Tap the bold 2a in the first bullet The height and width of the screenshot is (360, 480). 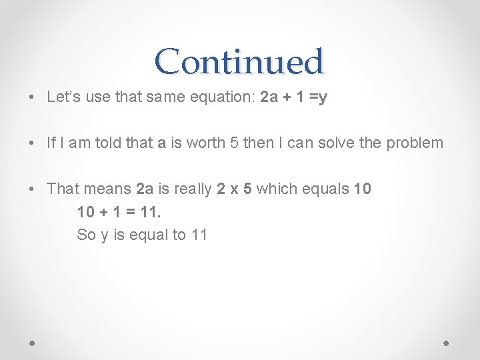tap(269, 97)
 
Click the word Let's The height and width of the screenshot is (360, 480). tap(62, 97)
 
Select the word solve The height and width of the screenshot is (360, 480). tap(339, 143)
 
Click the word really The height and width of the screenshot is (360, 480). tap(194, 189)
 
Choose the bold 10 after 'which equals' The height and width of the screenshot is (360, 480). tap(363, 189)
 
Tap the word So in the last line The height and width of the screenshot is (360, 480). tap(86, 235)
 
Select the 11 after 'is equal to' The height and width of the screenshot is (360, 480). tap(199, 235)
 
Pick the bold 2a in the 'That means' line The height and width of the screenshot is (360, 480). tap(145, 189)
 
